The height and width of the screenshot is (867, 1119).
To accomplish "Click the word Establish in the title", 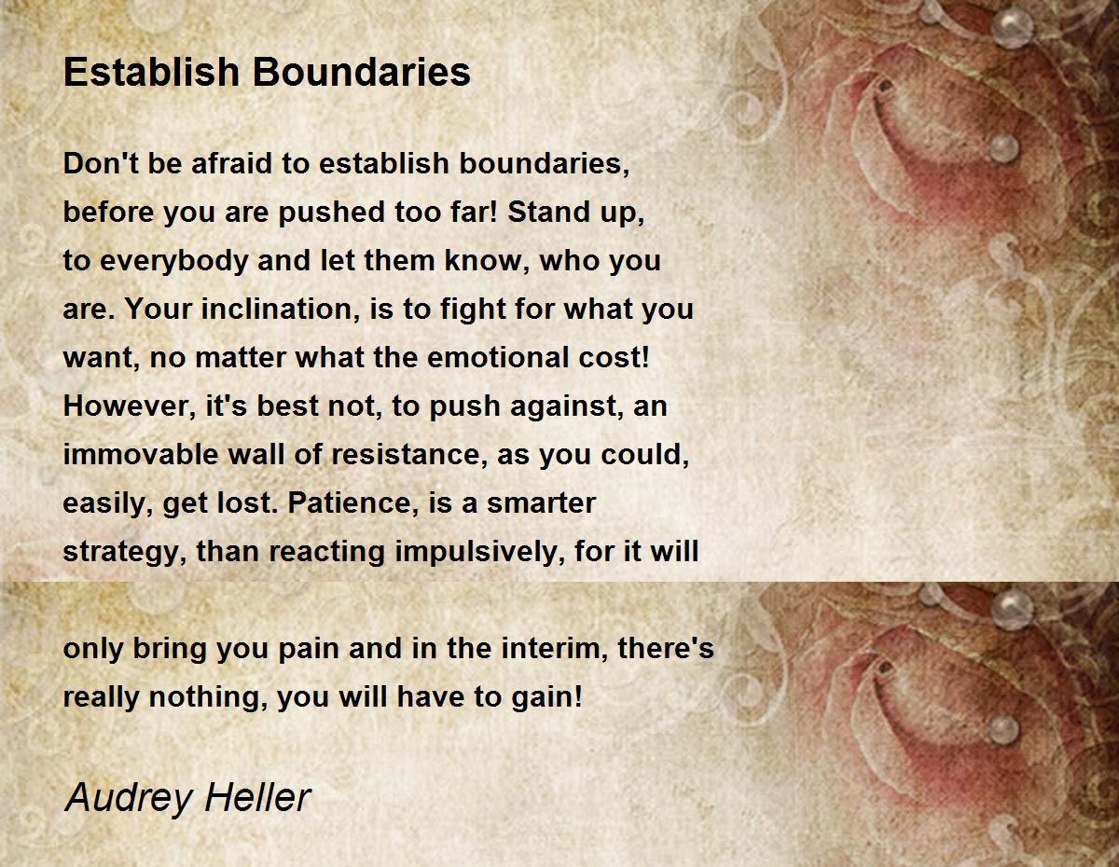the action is click(151, 71).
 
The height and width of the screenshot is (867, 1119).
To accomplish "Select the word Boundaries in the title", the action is click(362, 71).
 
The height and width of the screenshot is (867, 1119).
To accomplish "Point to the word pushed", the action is click(332, 213).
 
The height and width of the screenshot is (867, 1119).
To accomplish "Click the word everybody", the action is click(174, 261).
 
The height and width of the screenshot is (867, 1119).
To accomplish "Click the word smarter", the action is click(541, 503).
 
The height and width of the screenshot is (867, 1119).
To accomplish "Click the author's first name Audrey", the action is click(129, 798).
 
